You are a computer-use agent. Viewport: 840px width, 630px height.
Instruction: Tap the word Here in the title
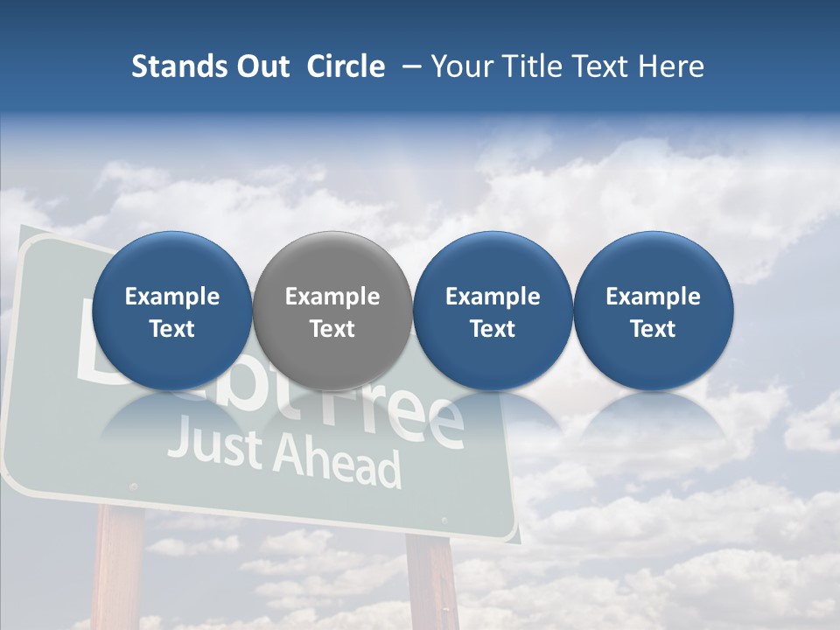[x=671, y=66]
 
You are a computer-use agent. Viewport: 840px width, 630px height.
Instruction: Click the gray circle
[x=332, y=311]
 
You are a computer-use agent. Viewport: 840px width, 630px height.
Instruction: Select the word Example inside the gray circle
[x=332, y=297]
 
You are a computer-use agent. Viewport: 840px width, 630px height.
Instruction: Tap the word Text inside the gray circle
[x=332, y=329]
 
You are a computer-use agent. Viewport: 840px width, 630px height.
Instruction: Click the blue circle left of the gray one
[x=171, y=311]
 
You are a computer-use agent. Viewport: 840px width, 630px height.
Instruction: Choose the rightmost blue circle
[x=653, y=311]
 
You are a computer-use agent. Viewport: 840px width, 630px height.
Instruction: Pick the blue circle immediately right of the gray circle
[x=493, y=311]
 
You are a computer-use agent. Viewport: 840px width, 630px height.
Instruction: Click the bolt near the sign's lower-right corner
[x=443, y=521]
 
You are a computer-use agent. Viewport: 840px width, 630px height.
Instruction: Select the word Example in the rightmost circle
[x=653, y=297]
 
